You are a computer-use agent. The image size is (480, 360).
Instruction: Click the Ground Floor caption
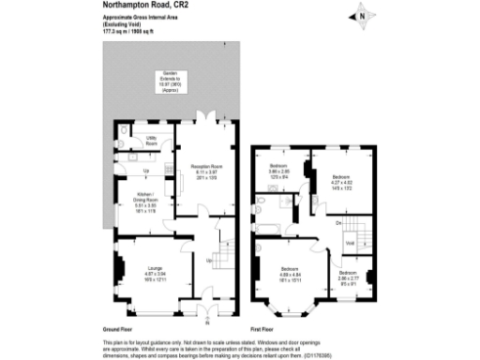118,330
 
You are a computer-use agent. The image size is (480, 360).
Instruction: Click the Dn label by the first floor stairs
337,222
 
